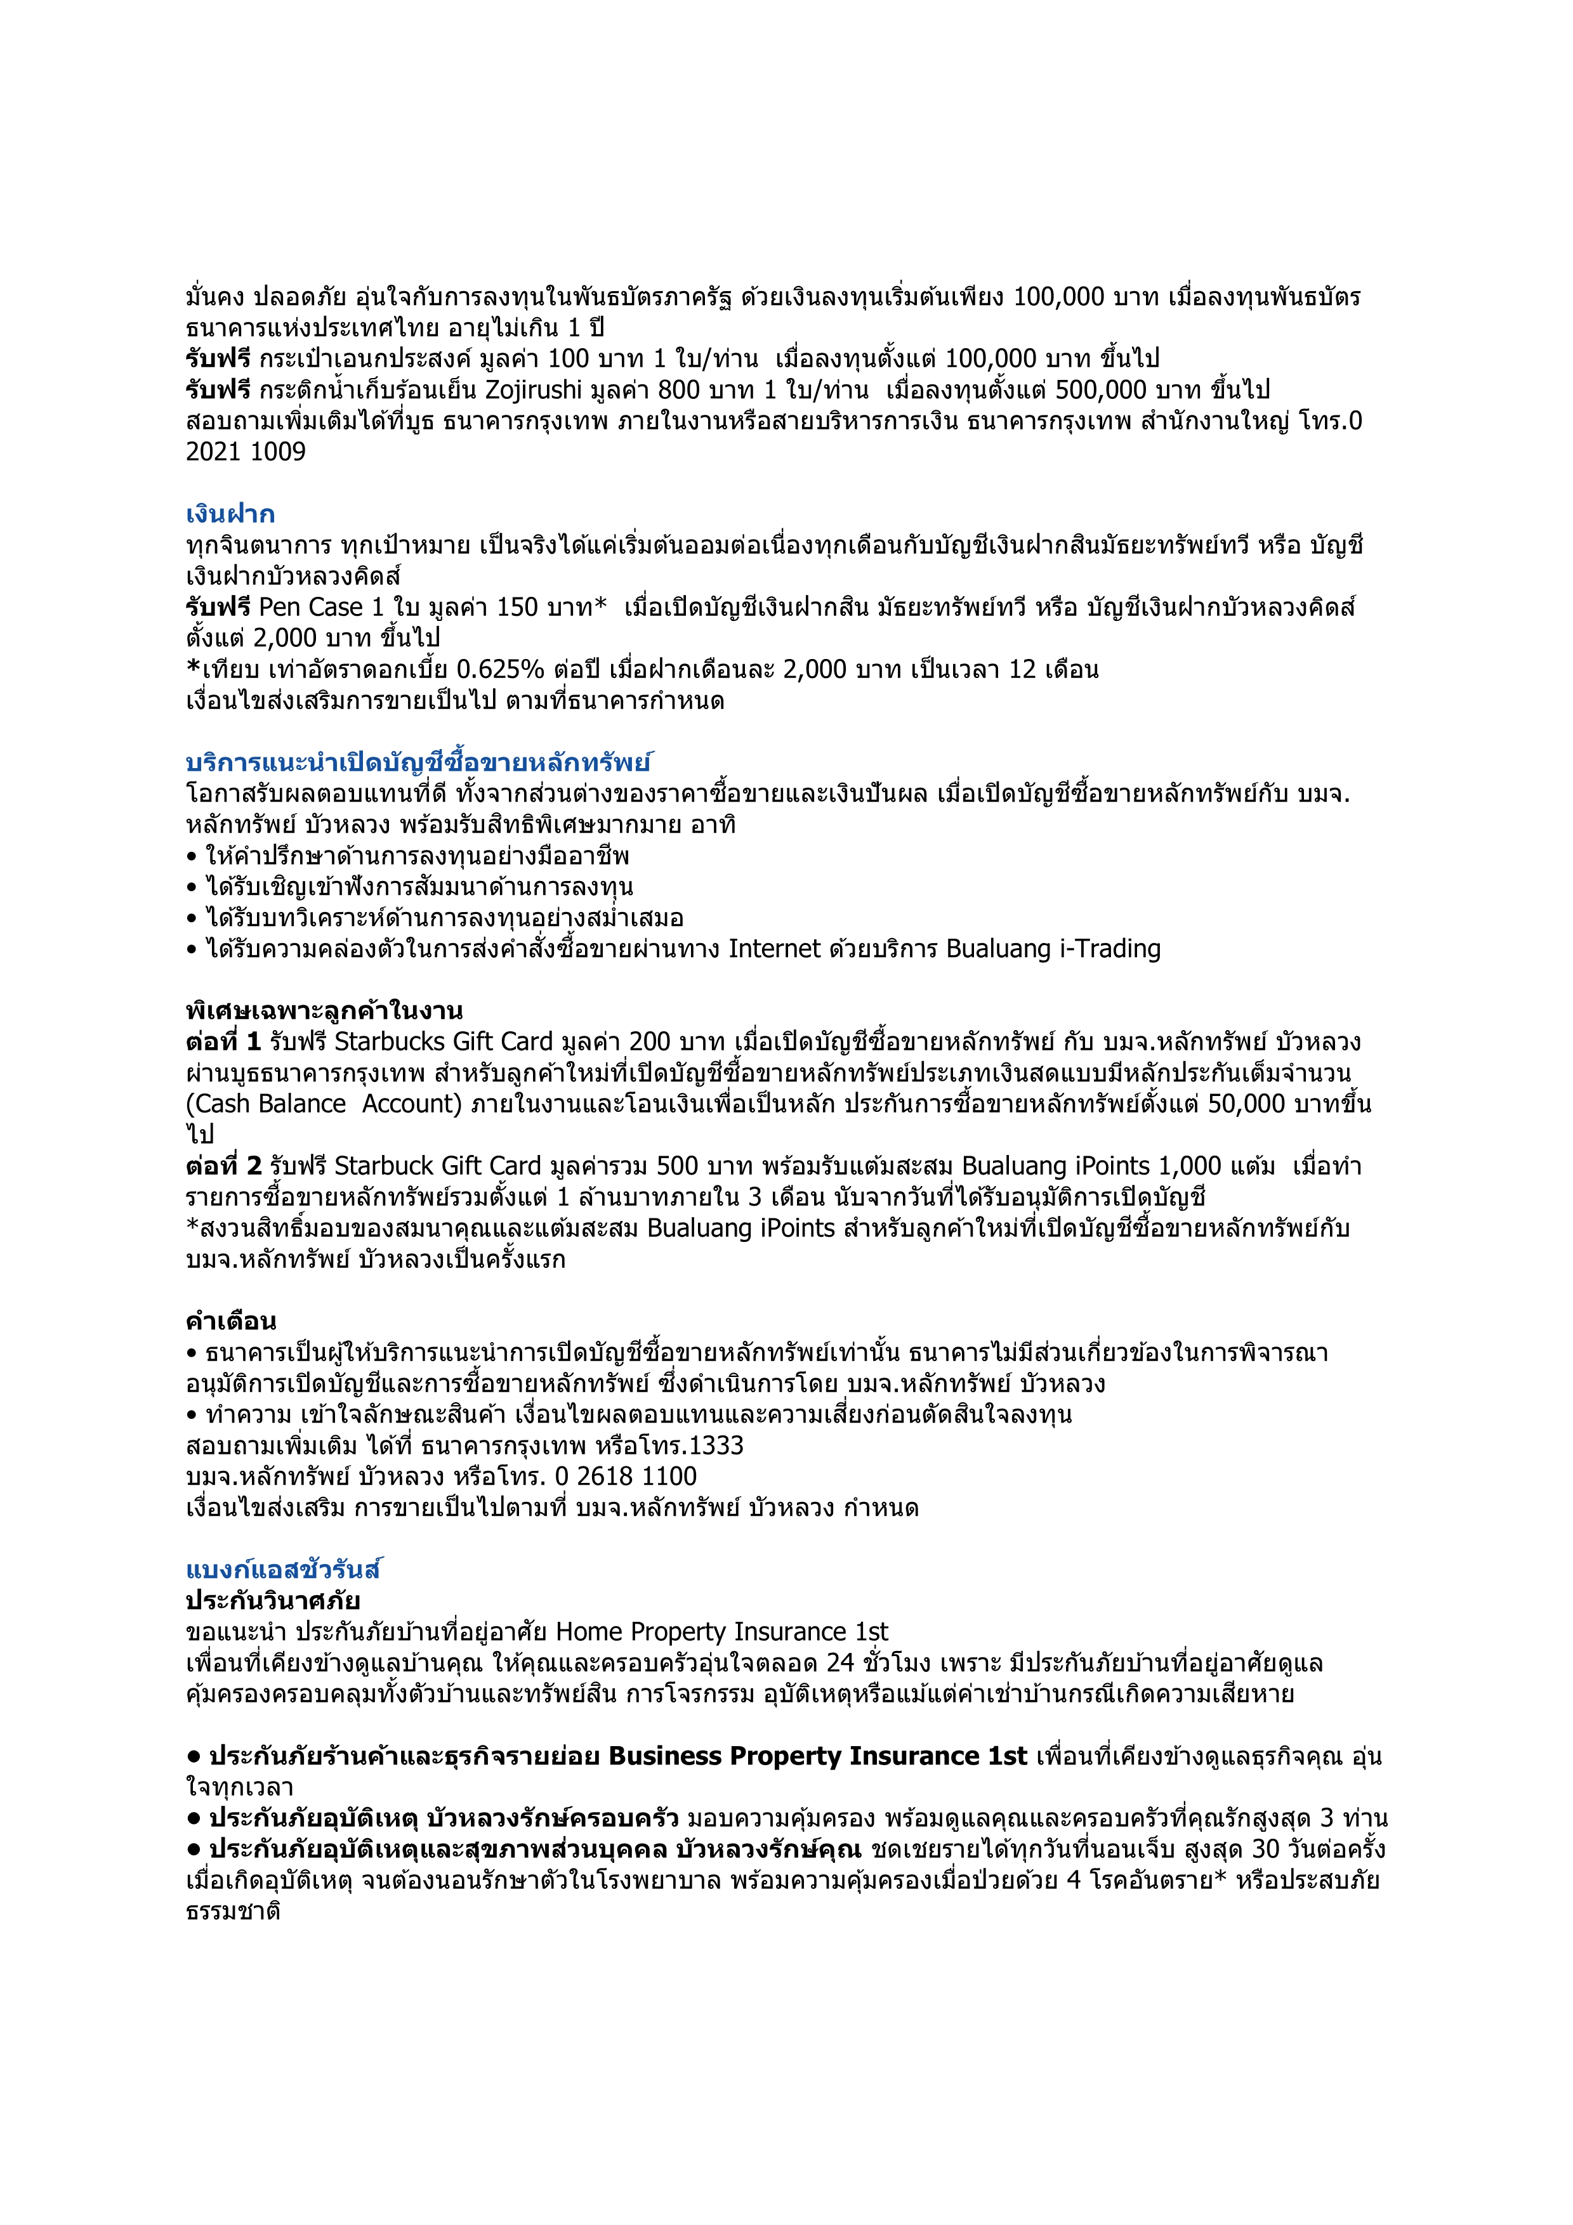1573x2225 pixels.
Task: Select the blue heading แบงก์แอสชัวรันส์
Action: [284, 1569]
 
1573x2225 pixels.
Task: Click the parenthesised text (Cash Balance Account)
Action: [324, 1104]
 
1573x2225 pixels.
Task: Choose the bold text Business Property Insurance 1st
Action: [817, 1756]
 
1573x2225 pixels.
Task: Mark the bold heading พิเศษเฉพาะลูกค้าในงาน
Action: [324, 1011]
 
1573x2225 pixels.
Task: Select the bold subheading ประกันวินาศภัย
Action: [272, 1600]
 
